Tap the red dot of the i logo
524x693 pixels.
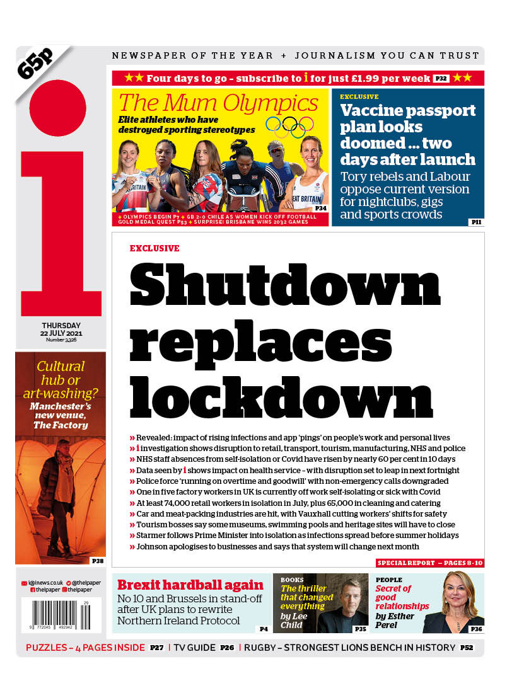coord(57,108)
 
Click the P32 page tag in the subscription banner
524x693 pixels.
coord(441,79)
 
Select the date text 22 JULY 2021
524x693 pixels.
coord(61,333)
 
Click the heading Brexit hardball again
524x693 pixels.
coord(190,584)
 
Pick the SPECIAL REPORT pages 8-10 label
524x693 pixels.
coord(429,563)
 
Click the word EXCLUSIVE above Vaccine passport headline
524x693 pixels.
coord(359,97)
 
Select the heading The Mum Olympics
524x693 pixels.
coord(218,103)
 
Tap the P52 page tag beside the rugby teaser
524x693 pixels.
coord(467,648)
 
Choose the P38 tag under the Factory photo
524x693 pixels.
coord(97,560)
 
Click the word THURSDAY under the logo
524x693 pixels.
coord(61,325)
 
